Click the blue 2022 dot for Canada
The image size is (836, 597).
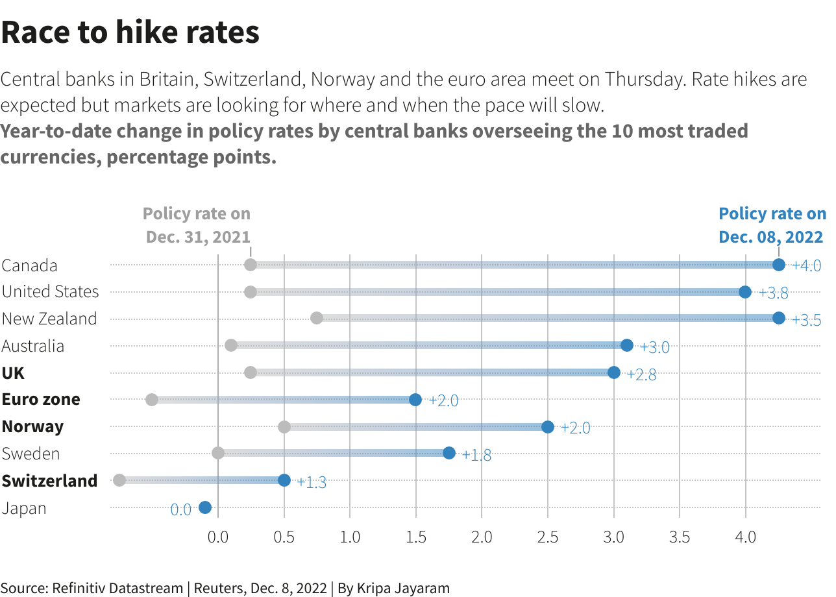click(779, 265)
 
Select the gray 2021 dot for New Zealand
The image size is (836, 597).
click(317, 318)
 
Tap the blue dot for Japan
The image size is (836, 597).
click(205, 507)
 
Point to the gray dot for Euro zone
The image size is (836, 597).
click(152, 400)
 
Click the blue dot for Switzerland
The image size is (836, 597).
click(284, 480)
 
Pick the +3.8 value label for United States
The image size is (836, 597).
click(774, 293)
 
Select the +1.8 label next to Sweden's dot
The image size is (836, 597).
click(476, 455)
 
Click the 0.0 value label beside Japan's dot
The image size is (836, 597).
click(180, 509)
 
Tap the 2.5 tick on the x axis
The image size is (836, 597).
click(548, 537)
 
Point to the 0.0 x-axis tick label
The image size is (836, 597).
click(218, 537)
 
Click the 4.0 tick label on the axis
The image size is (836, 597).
click(745, 537)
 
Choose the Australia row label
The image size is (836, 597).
click(33, 346)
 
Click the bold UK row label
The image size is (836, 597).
click(13, 373)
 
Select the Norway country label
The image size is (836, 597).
click(32, 426)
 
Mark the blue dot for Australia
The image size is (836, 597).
click(627, 345)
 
